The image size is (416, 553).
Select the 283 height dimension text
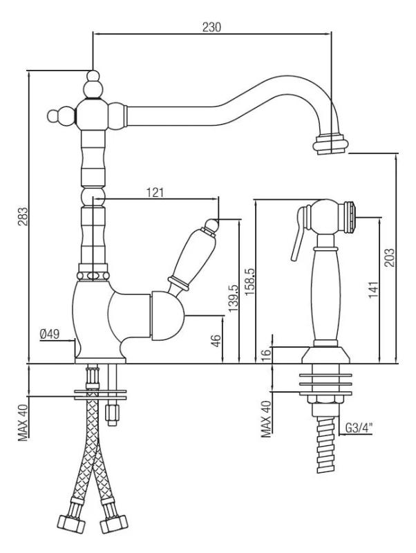[22, 219]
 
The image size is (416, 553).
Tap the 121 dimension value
[155, 193]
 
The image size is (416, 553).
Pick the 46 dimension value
[216, 340]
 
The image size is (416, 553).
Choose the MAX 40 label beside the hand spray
[265, 419]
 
